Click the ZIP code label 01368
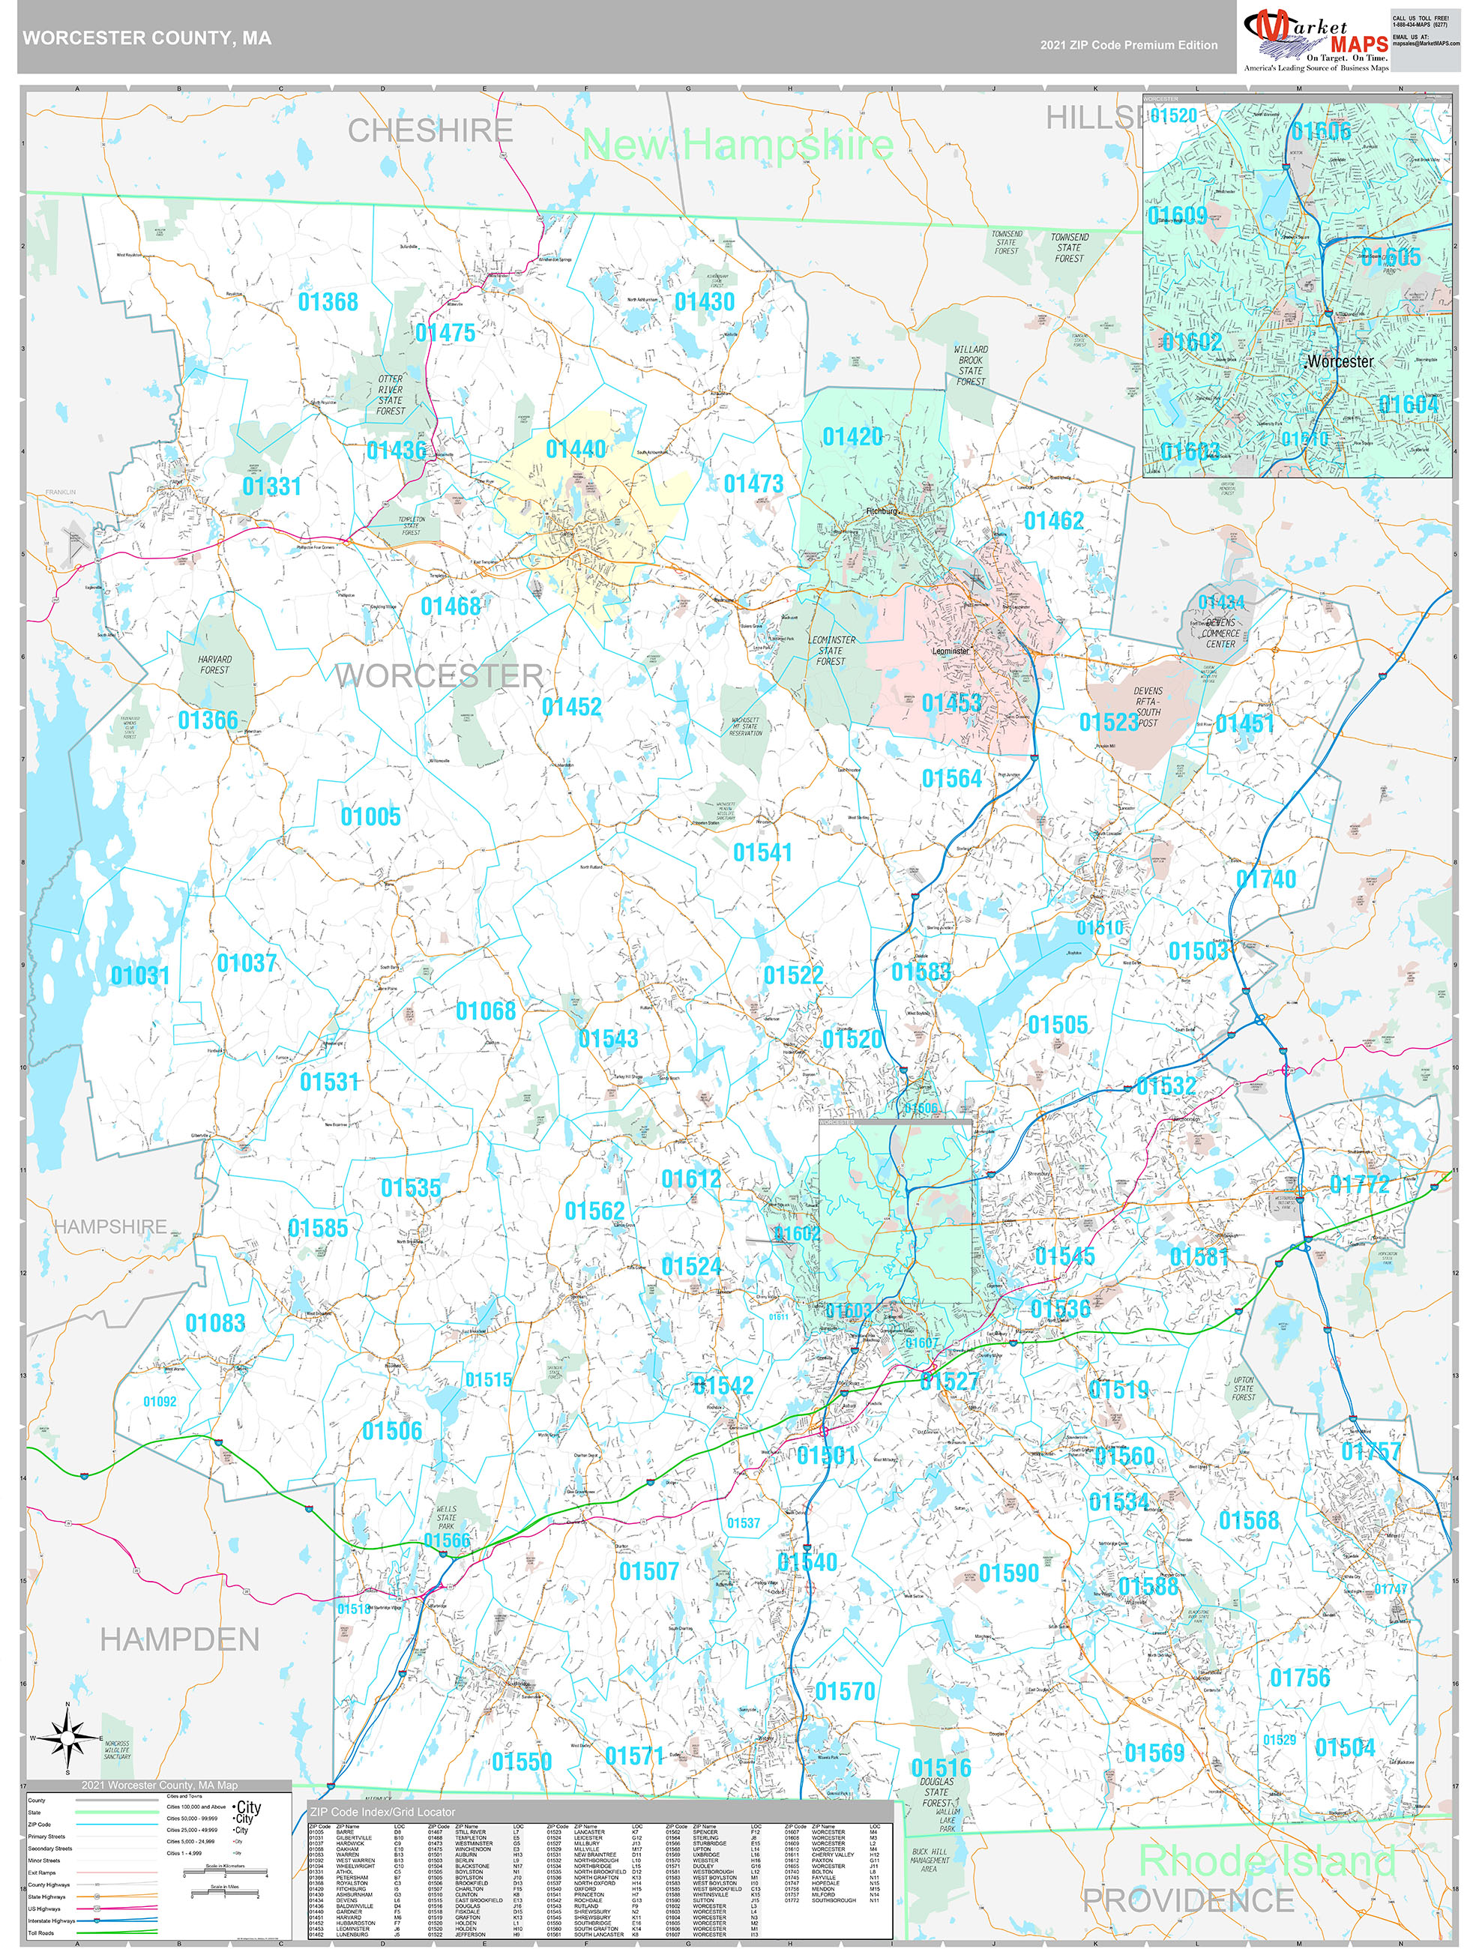tap(328, 302)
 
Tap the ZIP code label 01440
tap(575, 449)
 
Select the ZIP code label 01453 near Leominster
tap(951, 703)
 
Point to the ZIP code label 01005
tap(371, 817)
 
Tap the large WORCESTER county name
tap(439, 676)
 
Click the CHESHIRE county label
tap(430, 131)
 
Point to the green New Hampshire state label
tap(738, 144)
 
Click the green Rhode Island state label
tap(1267, 1860)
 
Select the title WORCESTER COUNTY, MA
tap(146, 38)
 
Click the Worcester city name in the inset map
tap(1340, 361)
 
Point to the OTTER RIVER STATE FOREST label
tap(391, 395)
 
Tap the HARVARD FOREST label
tap(214, 664)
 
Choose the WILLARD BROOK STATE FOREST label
tap(970, 366)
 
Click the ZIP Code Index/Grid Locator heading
tap(382, 1813)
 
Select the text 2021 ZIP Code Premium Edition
tap(1128, 45)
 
